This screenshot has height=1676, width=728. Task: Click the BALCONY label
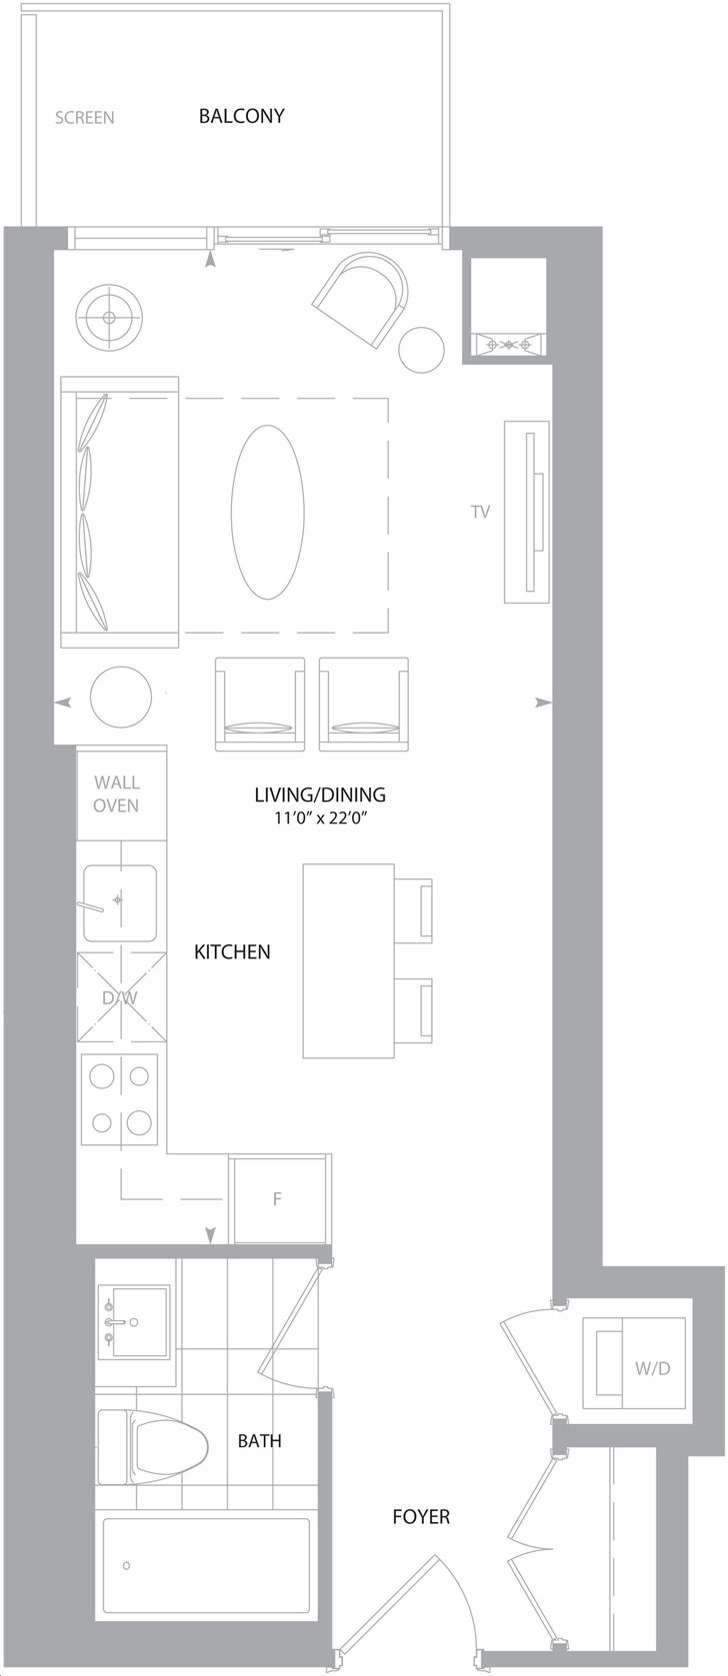(241, 116)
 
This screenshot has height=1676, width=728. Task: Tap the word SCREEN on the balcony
(85, 118)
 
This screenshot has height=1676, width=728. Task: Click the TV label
(480, 512)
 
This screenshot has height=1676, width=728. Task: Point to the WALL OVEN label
(116, 794)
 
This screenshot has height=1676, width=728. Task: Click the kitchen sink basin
(120, 902)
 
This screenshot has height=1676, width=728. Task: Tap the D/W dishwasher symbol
(121, 996)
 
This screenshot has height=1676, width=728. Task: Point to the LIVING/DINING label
(320, 795)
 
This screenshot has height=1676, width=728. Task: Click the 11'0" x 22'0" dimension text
(321, 818)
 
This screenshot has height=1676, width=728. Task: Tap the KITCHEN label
(232, 951)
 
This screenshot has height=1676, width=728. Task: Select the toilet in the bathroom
(153, 1447)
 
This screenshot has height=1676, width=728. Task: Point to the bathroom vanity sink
(134, 1321)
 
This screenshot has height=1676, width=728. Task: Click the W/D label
(652, 1368)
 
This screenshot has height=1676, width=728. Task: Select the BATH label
(260, 1440)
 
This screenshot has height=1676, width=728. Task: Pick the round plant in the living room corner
(109, 317)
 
